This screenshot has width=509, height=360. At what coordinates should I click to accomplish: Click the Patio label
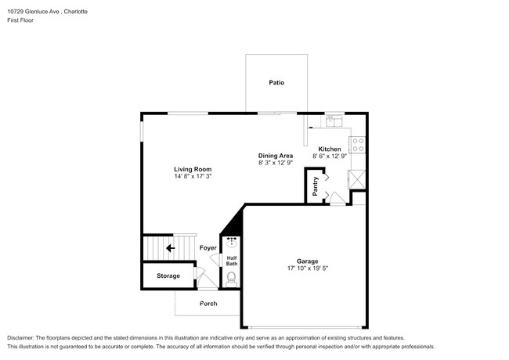coord(276,83)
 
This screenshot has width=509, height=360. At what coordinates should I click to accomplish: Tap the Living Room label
coord(193,169)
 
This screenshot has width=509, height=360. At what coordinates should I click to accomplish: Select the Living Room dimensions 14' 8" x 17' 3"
coord(193,176)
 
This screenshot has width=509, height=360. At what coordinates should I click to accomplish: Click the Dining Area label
coord(276,156)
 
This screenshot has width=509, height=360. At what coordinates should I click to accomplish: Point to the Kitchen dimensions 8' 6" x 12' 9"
coord(330,156)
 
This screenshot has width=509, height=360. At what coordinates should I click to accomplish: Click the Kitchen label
coord(330,149)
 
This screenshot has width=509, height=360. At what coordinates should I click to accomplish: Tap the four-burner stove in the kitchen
coord(357,145)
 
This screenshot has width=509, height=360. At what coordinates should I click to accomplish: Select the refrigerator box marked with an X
coord(357,179)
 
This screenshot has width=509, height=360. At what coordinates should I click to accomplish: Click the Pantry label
coord(315,186)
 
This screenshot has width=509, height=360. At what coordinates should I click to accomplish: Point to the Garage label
coord(307,261)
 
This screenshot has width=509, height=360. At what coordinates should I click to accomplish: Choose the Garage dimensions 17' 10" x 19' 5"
coord(308,268)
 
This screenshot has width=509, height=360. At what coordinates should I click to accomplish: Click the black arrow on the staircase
coord(171,248)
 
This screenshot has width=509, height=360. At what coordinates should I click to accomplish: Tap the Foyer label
coord(208,248)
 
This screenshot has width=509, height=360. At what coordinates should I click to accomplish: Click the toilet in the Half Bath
coord(232,279)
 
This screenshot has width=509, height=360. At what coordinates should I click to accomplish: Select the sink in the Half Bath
coord(232,242)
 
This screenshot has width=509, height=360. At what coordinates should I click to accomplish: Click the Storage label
coord(168,275)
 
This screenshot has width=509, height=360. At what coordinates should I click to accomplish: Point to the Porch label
coord(208,304)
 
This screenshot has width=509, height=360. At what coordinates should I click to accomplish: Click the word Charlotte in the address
coord(76,12)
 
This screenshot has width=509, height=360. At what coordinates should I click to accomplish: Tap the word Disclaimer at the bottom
coord(20,338)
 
